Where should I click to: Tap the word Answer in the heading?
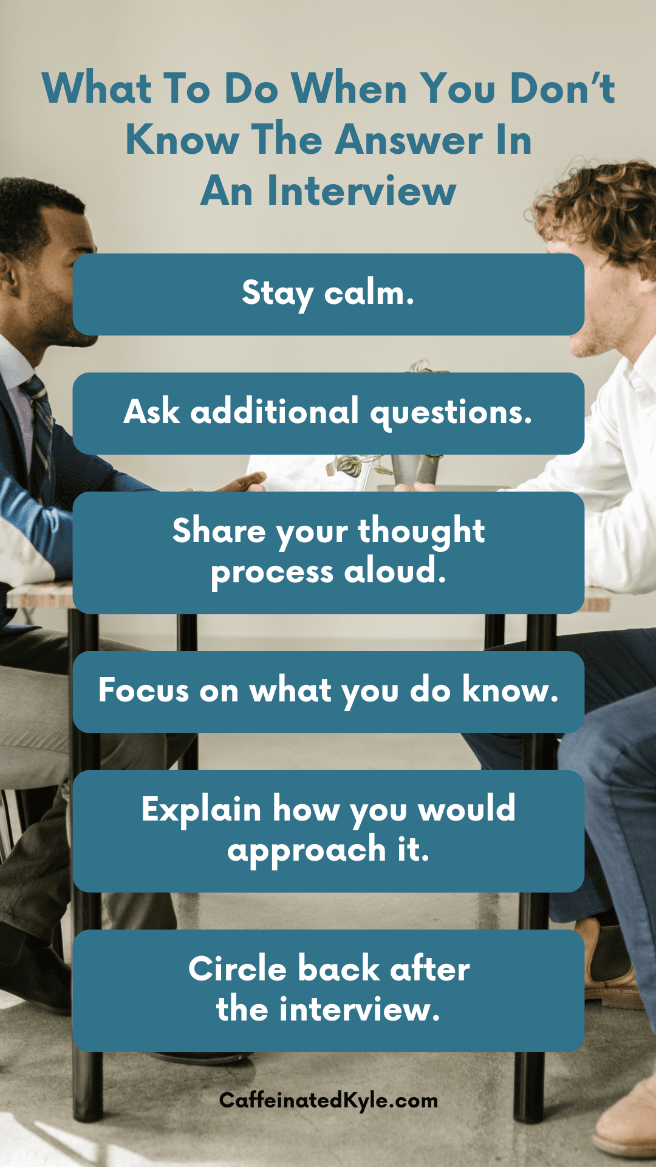[409, 140]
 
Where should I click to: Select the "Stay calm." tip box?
[329, 294]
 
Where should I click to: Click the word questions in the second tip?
[451, 413]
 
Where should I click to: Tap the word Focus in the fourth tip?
[144, 690]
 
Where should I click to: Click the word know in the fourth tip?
[510, 689]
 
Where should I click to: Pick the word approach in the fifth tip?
[307, 850]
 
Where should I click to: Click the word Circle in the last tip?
[237, 968]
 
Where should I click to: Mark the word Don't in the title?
[562, 89]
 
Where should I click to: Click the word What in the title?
[97, 89]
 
